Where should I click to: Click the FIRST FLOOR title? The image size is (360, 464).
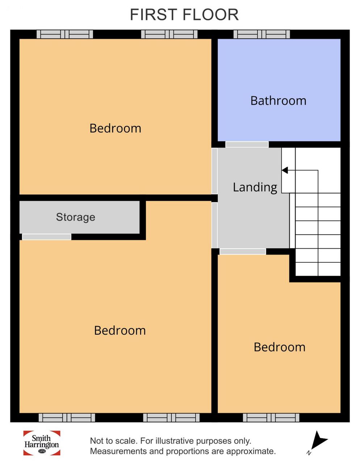(x=184, y=15)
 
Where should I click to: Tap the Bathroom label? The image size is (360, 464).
(x=278, y=101)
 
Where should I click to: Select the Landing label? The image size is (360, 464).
(x=255, y=188)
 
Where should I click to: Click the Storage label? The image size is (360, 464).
(x=75, y=217)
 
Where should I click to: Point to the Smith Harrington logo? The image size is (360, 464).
(x=42, y=443)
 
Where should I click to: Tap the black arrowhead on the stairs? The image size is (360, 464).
(x=285, y=170)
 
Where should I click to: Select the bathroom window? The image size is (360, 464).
(x=262, y=34)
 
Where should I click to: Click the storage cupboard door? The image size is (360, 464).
(x=46, y=237)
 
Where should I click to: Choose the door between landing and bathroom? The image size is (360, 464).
(x=247, y=145)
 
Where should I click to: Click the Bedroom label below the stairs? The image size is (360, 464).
(x=279, y=347)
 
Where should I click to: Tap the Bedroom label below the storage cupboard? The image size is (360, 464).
(x=120, y=331)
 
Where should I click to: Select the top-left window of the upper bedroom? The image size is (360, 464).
(x=64, y=34)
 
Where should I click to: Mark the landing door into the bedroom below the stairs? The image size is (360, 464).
(x=243, y=252)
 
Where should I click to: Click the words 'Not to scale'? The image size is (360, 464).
(x=113, y=441)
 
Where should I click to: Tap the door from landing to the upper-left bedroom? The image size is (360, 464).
(x=214, y=171)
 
